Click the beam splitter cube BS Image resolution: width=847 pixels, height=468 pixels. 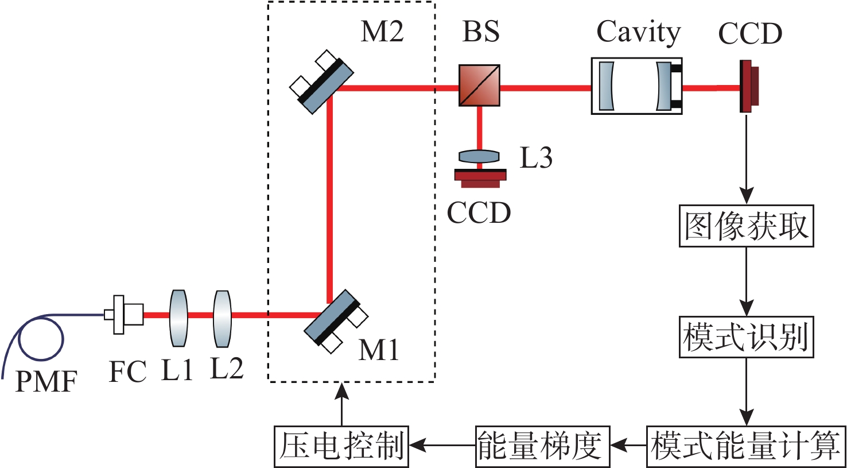479,85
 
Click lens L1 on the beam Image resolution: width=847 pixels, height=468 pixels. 178,318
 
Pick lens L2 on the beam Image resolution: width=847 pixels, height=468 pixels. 222,318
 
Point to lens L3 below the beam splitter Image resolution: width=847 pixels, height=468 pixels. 479,156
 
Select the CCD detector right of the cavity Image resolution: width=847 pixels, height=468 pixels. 748,86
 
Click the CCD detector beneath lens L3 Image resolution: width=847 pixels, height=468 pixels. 480,177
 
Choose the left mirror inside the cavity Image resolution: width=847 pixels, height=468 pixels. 607,86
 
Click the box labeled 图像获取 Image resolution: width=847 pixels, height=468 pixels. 746,226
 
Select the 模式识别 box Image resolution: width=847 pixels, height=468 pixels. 746,337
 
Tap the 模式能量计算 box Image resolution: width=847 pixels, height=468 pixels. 746,446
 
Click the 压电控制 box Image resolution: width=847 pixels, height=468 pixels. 341,446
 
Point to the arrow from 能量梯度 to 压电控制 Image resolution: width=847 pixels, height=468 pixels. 442,445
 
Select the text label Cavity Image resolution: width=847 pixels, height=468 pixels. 638,33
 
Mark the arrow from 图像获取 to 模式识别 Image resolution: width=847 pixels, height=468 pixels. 746,281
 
